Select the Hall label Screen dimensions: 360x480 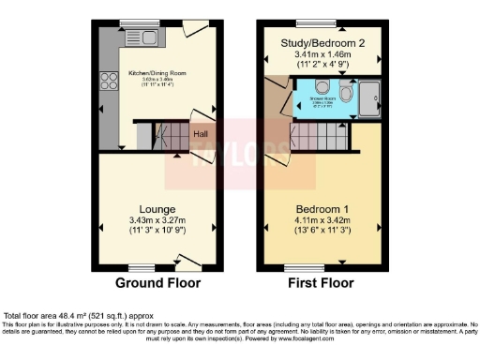(202, 134)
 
